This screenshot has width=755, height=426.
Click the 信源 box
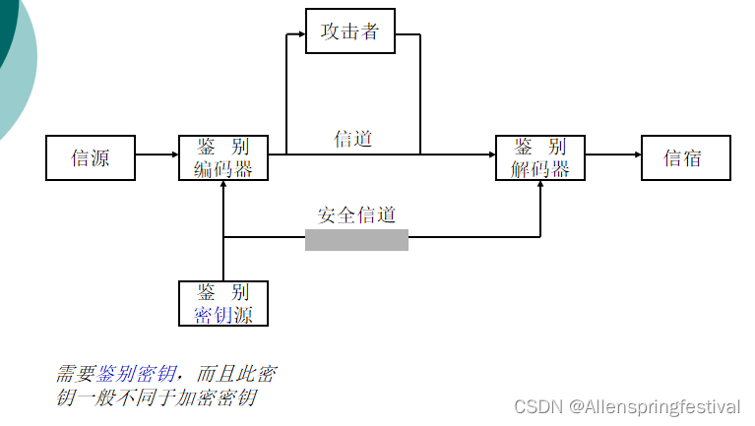coord(91,157)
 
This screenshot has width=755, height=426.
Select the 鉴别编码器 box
coord(223,157)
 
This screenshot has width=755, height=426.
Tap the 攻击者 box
coord(349,31)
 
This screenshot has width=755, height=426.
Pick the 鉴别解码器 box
coord(540,157)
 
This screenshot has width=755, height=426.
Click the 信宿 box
coord(685,157)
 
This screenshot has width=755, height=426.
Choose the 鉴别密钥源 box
coord(223,303)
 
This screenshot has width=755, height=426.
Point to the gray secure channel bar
coord(356,240)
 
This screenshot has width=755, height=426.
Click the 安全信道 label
coord(356,214)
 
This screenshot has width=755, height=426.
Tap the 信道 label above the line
coord(353,139)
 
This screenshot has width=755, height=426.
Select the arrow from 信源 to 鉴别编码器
coord(157,154)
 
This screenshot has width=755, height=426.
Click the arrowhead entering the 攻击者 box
coord(299,35)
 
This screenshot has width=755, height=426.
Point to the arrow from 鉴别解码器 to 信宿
coord(612,154)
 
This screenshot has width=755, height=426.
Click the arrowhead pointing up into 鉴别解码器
coord(540,186)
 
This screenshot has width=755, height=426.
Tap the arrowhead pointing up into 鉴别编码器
coord(224,186)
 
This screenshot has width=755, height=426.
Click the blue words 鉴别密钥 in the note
coord(137,374)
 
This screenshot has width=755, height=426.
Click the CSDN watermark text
coord(536,406)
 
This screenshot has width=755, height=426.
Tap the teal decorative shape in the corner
coord(14,59)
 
